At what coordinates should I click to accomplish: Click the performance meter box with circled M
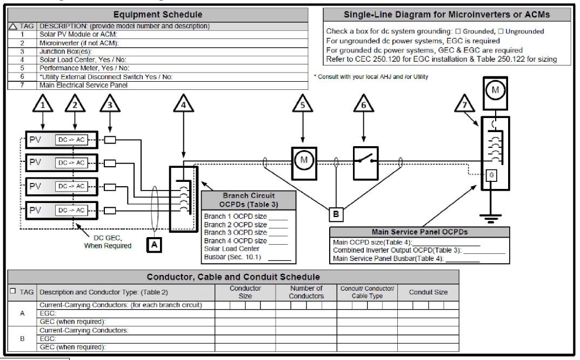coord(303,160)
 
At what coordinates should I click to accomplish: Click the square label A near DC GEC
coord(154,245)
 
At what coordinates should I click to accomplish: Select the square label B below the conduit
coord(336,215)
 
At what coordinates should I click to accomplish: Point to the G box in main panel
coord(491,175)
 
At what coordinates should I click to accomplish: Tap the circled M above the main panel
coord(495,91)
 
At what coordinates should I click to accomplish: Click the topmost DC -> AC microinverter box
coord(71,140)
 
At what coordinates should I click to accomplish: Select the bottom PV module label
coord(35,210)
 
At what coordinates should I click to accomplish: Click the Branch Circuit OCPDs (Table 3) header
coord(249,200)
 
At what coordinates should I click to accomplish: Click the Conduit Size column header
coord(428,292)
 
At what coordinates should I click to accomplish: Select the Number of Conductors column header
coord(306,292)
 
